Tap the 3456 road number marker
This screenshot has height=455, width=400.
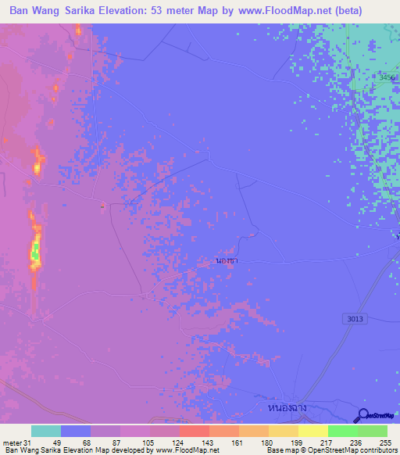(387, 77)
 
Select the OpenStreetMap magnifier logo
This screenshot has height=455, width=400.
(363, 416)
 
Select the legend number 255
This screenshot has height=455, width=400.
(385, 442)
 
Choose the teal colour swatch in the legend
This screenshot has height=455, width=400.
(46, 431)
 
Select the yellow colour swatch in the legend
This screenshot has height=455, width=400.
(313, 431)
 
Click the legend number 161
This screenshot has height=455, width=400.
(235, 442)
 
